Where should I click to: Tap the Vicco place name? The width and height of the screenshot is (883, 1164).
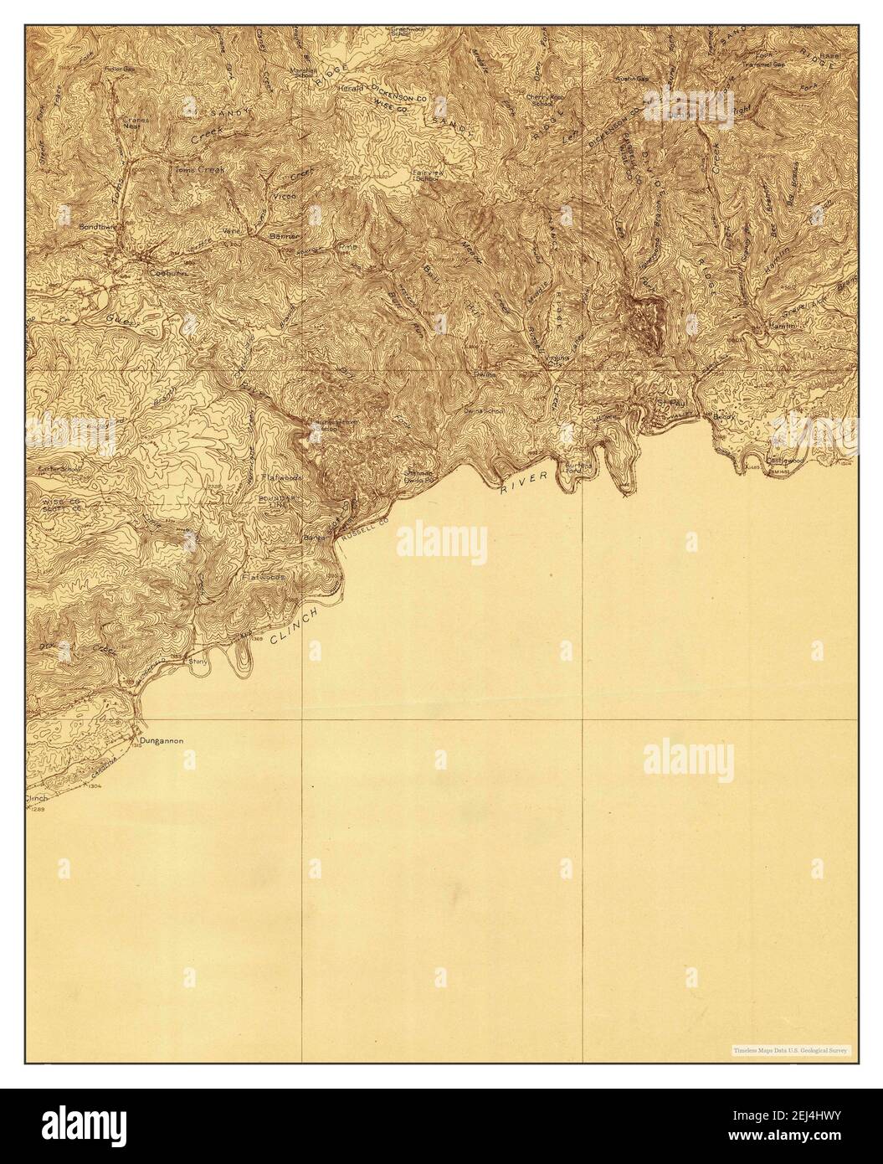[x=284, y=195]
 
